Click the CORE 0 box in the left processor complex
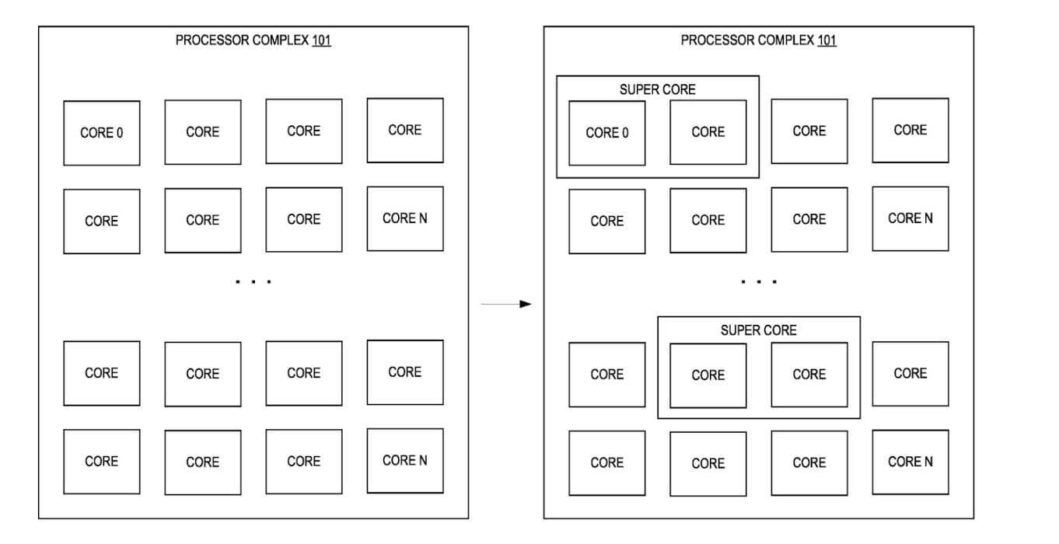(x=102, y=133)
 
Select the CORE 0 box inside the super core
(x=607, y=133)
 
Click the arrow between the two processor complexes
(x=506, y=304)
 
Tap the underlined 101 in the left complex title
(x=321, y=40)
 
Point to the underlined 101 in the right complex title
(x=827, y=40)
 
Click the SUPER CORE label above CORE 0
(x=658, y=89)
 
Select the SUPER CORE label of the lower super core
(x=758, y=330)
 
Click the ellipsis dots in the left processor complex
(x=253, y=281)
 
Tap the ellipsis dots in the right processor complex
(x=759, y=281)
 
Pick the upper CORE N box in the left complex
(x=405, y=218)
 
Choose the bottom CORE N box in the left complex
(x=405, y=460)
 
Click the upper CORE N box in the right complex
(x=910, y=218)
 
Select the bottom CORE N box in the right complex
(x=910, y=462)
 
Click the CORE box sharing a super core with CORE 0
(x=708, y=132)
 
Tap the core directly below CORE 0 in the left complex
(x=102, y=221)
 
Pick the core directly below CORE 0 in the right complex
(x=607, y=221)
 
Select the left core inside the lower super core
(x=708, y=375)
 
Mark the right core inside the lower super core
(x=809, y=375)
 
